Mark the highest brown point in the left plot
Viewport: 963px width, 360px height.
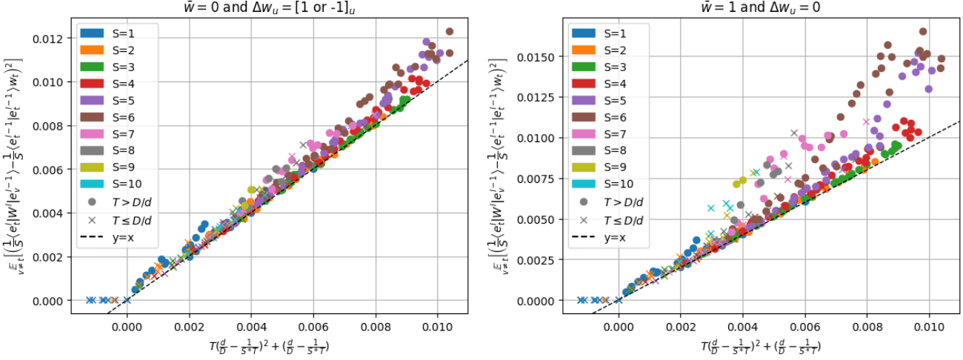click(x=449, y=32)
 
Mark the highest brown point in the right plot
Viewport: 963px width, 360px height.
click(x=923, y=32)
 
